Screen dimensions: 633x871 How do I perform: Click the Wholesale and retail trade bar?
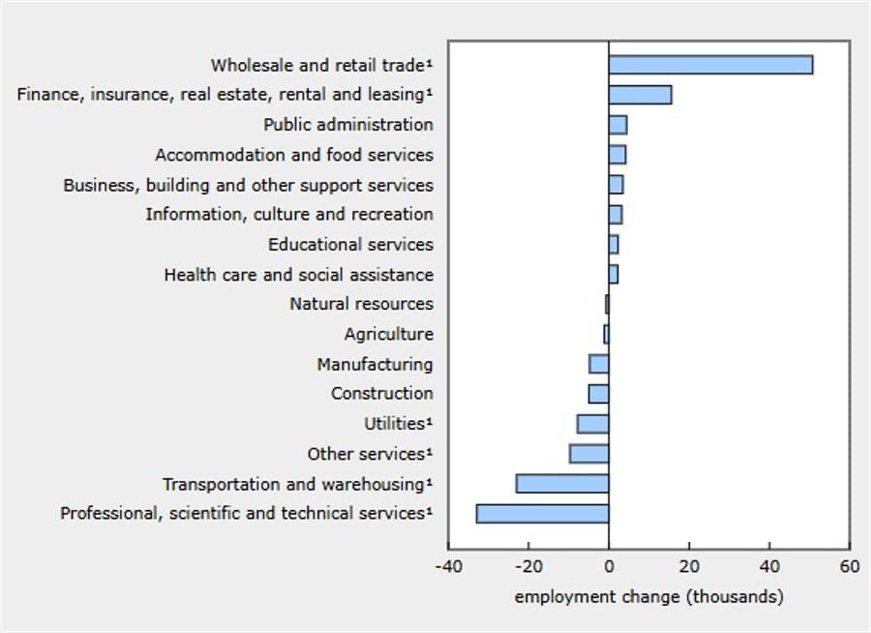pyautogui.click(x=710, y=65)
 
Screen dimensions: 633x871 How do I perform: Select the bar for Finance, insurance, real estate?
pyautogui.click(x=640, y=95)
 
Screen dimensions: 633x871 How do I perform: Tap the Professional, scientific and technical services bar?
pyautogui.click(x=542, y=514)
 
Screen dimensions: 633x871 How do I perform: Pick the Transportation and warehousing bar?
pyautogui.click(x=562, y=484)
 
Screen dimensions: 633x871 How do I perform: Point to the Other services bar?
pyautogui.click(x=589, y=454)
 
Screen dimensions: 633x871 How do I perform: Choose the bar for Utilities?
pyautogui.click(x=593, y=424)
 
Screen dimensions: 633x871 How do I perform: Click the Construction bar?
pyautogui.click(x=599, y=394)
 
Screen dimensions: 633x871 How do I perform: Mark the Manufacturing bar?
pyautogui.click(x=599, y=364)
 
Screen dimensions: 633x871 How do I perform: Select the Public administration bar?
pyautogui.click(x=617, y=125)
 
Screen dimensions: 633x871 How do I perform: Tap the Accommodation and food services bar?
pyautogui.click(x=616, y=155)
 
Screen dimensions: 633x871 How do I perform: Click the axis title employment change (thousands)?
pyautogui.click(x=648, y=596)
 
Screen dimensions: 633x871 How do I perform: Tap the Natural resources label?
pyautogui.click(x=361, y=304)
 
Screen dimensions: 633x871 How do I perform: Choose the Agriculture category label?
pyautogui.click(x=388, y=334)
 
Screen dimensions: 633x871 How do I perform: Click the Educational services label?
pyautogui.click(x=350, y=244)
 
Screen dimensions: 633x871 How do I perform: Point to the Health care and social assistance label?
pyautogui.click(x=298, y=275)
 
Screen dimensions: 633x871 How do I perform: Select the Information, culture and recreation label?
pyautogui.click(x=289, y=214)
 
